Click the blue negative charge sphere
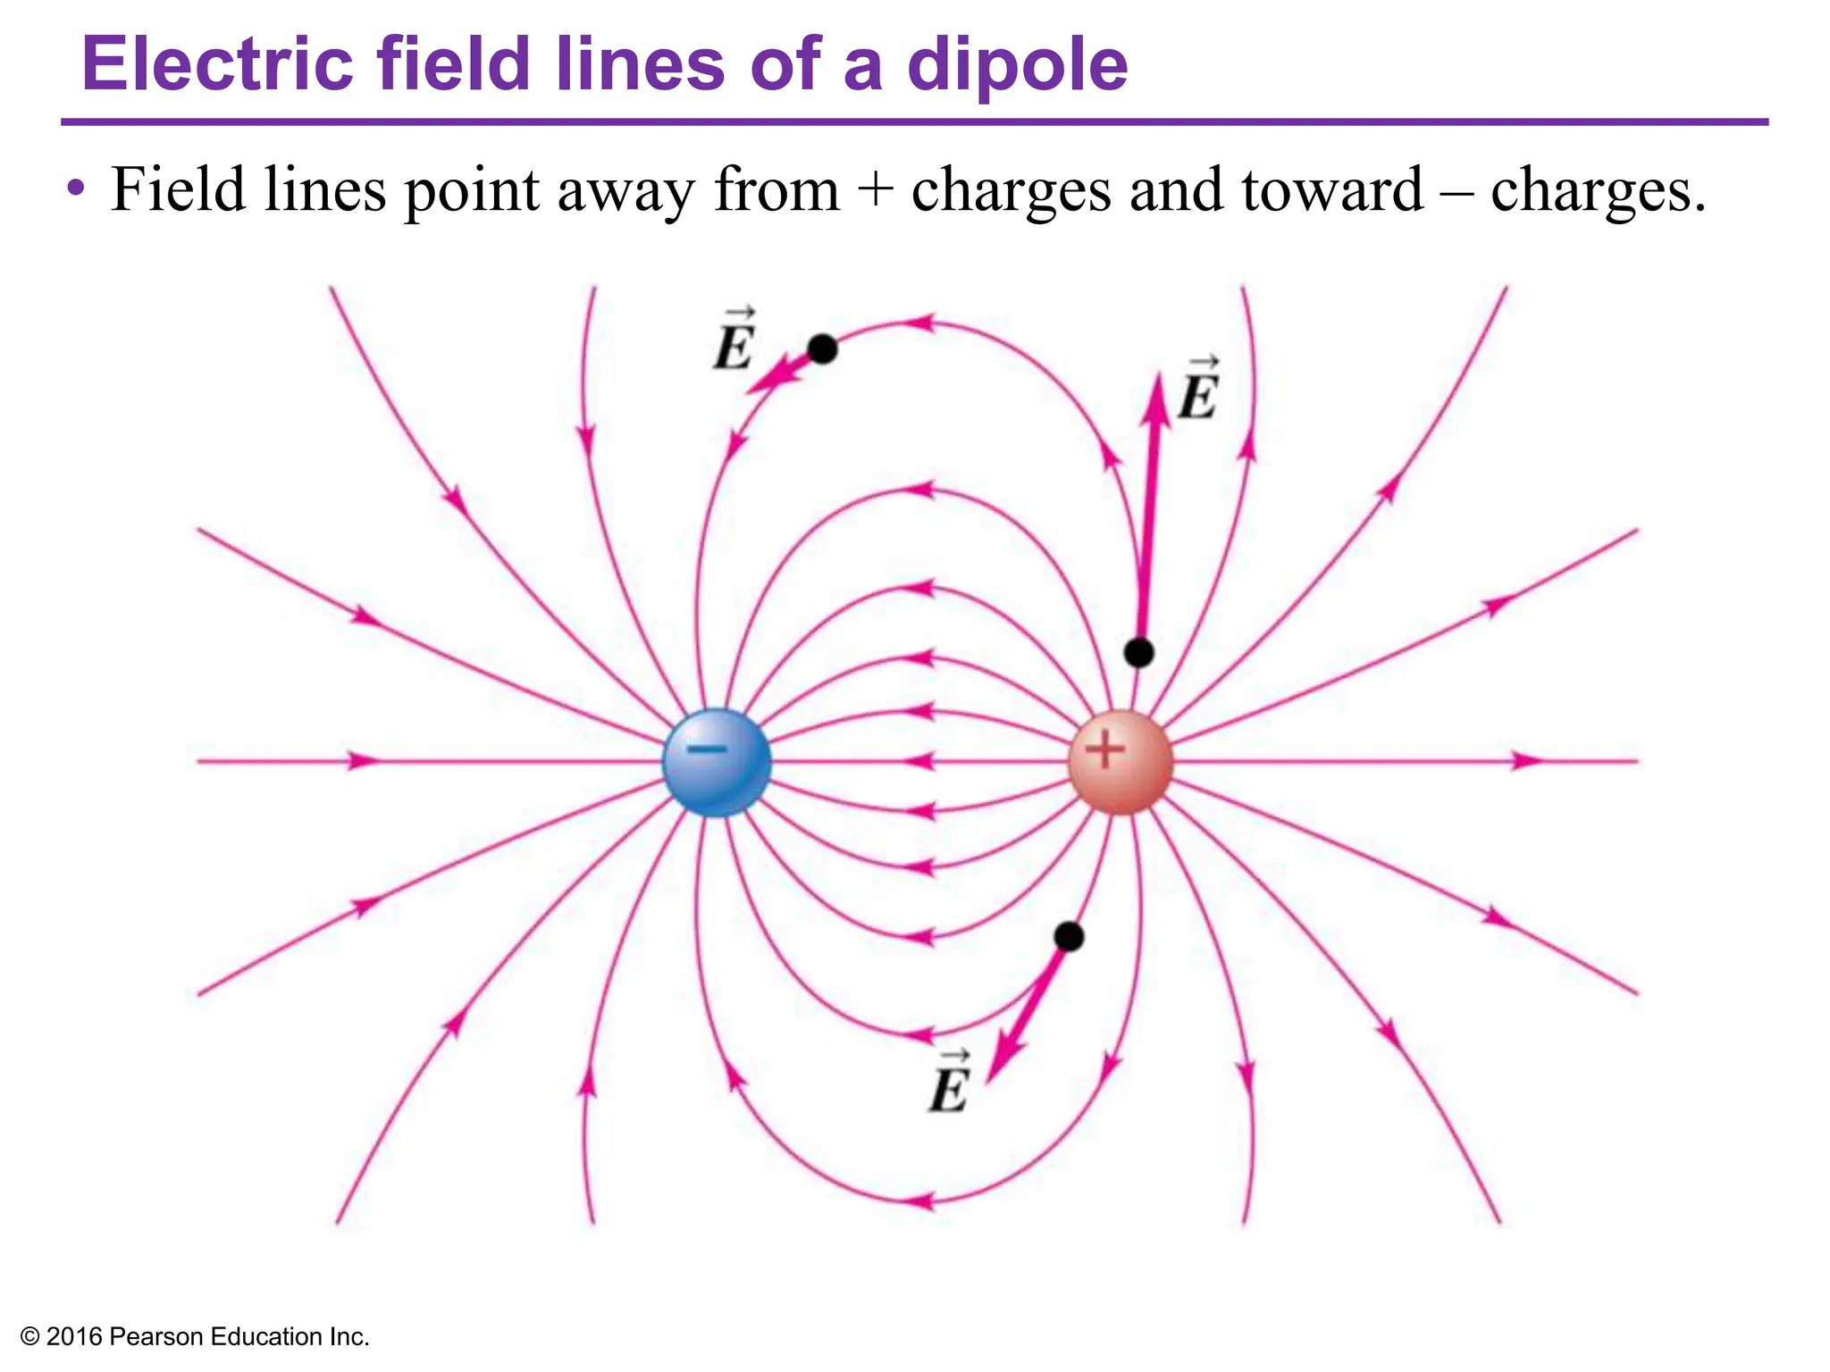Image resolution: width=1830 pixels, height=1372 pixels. click(x=716, y=762)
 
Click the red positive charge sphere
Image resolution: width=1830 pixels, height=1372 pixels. click(x=1120, y=762)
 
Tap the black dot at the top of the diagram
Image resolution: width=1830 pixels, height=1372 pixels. click(x=822, y=349)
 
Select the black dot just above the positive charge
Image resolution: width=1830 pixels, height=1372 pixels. click(x=1138, y=653)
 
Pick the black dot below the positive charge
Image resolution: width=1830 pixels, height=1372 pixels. click(x=1069, y=937)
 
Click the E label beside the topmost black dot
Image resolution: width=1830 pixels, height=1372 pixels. click(x=735, y=344)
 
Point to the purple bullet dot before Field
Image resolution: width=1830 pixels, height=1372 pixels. click(x=77, y=189)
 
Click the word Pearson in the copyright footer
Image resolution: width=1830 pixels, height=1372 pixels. click(x=155, y=1336)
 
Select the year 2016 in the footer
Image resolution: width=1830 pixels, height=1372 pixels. click(x=73, y=1336)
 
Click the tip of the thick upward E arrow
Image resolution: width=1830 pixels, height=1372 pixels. click(x=1158, y=377)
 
